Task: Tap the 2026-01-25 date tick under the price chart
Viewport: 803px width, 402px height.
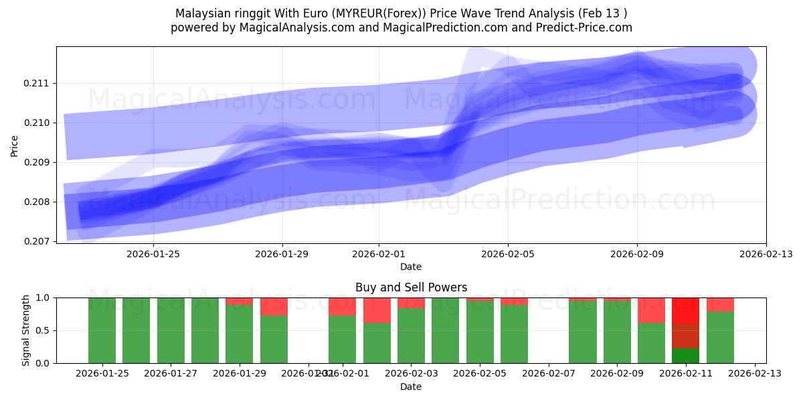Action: tap(153, 254)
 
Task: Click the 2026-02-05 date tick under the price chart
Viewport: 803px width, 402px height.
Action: tap(507, 254)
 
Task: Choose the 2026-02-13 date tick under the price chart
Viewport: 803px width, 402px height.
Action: tap(766, 254)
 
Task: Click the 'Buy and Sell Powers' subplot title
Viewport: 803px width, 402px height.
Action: tap(411, 287)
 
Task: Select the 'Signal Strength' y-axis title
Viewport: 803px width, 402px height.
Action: tap(26, 330)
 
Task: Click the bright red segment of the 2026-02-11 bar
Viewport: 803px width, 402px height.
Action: tap(685, 310)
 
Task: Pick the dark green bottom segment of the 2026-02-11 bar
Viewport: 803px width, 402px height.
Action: tap(685, 356)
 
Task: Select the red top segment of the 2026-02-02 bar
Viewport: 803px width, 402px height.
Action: tap(377, 310)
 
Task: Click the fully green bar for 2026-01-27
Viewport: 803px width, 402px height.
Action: tap(171, 330)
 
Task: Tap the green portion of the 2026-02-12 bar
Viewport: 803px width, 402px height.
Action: tap(720, 338)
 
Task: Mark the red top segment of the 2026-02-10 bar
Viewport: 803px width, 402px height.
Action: tap(651, 310)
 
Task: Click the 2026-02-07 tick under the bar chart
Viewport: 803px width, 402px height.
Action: tap(548, 374)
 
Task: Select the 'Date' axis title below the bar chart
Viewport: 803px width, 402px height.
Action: tap(411, 387)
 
